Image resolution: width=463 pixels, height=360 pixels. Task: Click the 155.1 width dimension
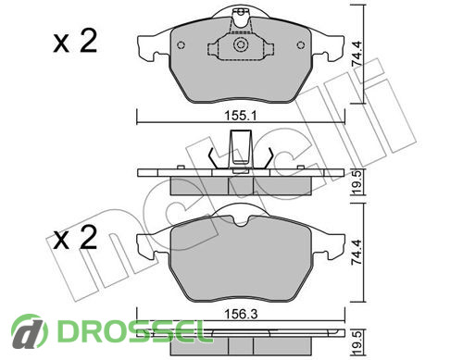[x=241, y=117]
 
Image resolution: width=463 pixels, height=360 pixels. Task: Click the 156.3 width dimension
[x=241, y=315]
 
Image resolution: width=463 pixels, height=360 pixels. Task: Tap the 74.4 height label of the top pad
[x=357, y=54]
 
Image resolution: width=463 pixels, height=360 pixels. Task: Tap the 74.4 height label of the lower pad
[x=357, y=252]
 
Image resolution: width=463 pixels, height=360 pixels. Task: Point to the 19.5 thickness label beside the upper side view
[x=357, y=182]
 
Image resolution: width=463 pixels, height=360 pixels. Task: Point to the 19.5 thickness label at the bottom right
[x=357, y=342]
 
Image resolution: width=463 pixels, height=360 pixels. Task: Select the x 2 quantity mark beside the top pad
[x=75, y=42]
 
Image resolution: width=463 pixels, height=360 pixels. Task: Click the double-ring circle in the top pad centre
[x=241, y=45]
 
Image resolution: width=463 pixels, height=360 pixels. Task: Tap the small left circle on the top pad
[x=181, y=45]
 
